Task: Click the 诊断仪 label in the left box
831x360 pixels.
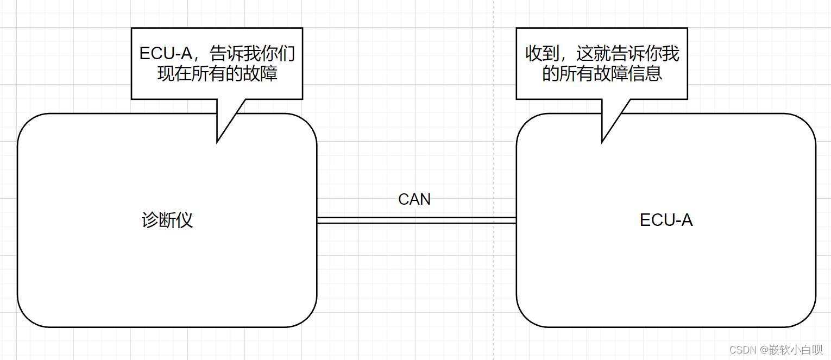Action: [167, 220]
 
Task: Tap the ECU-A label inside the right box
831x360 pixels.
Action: [666, 220]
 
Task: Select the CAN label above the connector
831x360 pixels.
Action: [414, 199]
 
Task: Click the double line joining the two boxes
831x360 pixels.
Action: [416, 220]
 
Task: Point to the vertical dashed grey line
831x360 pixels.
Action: [494, 163]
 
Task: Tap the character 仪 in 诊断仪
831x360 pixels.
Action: [185, 220]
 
